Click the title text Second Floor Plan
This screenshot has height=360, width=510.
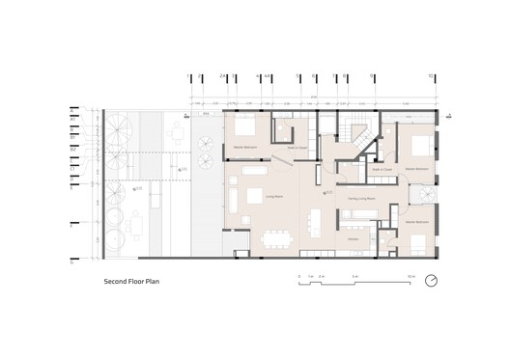point(137,284)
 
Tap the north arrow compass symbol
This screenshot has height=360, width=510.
point(432,281)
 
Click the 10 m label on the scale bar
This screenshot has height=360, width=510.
point(411,275)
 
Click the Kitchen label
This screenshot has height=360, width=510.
point(353,236)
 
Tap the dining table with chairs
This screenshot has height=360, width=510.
point(281,235)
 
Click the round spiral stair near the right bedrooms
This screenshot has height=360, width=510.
point(423,196)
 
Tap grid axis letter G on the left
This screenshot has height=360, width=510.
point(71,261)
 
